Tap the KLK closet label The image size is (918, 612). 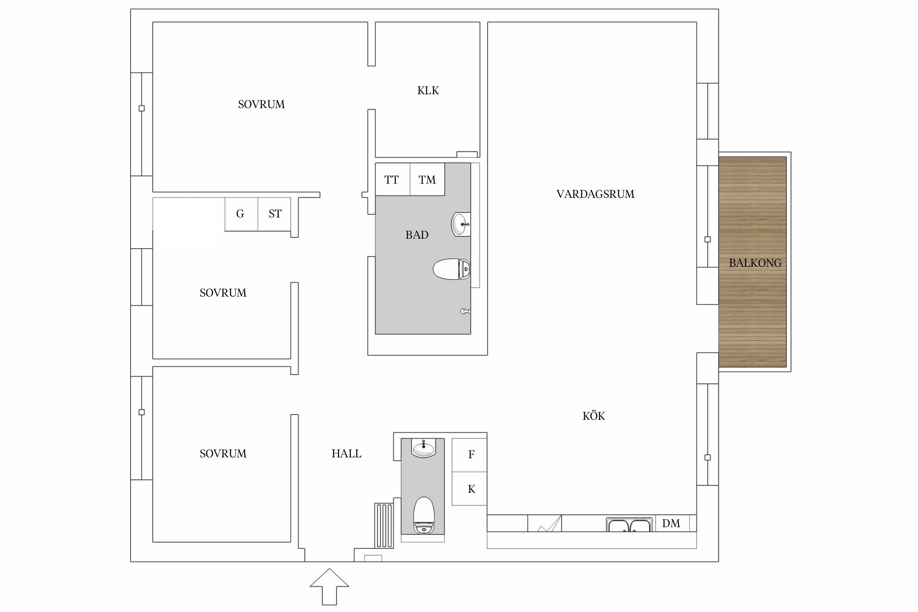pos(428,91)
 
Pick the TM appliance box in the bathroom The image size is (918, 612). pos(427,180)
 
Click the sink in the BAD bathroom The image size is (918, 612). pos(461,224)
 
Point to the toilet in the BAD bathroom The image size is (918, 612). pos(452,269)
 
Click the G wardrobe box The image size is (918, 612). pos(241,214)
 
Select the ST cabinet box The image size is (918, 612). pos(274,214)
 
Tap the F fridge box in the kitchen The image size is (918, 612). pos(470,455)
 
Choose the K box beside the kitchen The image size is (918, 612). pos(470,489)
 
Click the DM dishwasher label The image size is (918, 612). pos(671,523)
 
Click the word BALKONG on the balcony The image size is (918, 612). pos(755,263)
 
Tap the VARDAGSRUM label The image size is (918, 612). pos(595,194)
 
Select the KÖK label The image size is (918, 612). pos(594,416)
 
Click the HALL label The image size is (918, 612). pos(346,454)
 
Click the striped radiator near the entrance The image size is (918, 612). pos(384,526)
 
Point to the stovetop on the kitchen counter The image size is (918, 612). pos(545,523)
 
